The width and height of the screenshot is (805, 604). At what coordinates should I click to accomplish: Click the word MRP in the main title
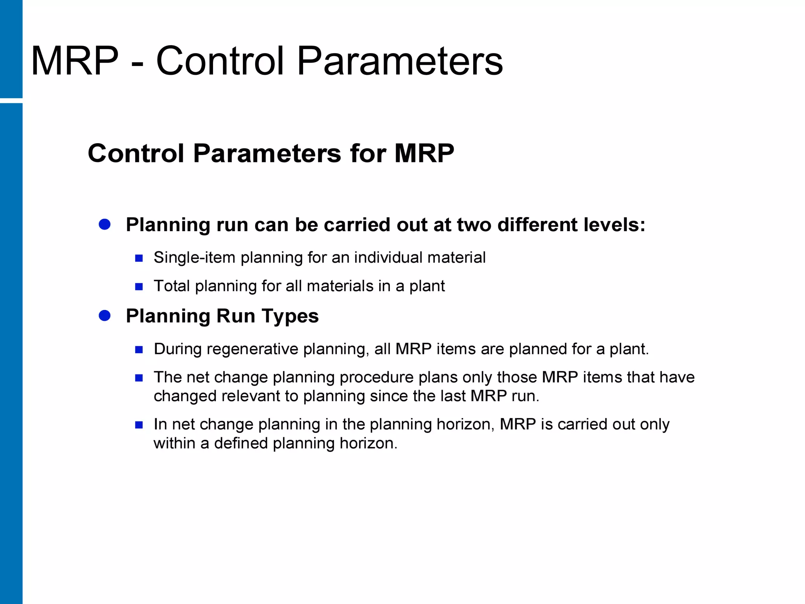click(x=75, y=61)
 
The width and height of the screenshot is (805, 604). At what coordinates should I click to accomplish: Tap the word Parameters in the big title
click(x=399, y=61)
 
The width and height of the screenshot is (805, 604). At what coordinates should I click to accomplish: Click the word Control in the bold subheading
click(x=136, y=153)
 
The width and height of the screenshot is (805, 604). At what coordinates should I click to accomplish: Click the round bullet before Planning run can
click(x=105, y=225)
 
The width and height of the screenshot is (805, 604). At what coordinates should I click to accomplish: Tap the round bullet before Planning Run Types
click(x=105, y=315)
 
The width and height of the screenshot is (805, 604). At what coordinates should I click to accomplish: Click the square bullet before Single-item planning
click(x=139, y=258)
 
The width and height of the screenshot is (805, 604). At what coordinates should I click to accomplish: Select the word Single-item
click(x=194, y=258)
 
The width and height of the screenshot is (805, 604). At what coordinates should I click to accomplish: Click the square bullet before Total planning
click(x=139, y=287)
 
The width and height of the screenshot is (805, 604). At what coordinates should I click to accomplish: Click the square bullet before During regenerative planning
click(x=139, y=350)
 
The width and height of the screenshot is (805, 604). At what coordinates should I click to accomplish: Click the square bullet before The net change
click(x=139, y=378)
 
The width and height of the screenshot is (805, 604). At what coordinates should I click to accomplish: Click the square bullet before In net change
click(x=139, y=425)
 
